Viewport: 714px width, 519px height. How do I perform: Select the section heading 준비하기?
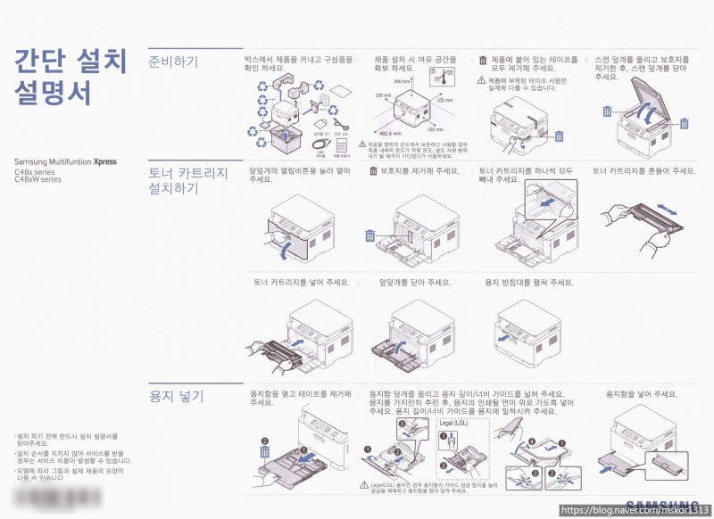[x=173, y=62]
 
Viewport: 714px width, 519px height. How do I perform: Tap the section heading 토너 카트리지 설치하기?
[x=187, y=179]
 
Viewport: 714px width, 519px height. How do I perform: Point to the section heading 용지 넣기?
[x=176, y=395]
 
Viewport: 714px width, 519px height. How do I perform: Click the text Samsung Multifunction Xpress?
[x=65, y=162]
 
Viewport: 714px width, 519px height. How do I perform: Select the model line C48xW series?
[x=37, y=179]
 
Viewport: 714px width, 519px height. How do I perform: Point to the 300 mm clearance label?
[x=402, y=81]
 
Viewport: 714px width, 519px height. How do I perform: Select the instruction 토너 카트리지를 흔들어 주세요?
[x=643, y=170]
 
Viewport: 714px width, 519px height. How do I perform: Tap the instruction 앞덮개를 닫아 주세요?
[x=414, y=282]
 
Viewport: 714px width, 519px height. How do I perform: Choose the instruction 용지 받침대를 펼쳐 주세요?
[x=528, y=282]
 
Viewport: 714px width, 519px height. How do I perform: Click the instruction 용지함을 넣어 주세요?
[x=641, y=393]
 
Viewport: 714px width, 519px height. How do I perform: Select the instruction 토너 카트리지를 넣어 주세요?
[x=301, y=282]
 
